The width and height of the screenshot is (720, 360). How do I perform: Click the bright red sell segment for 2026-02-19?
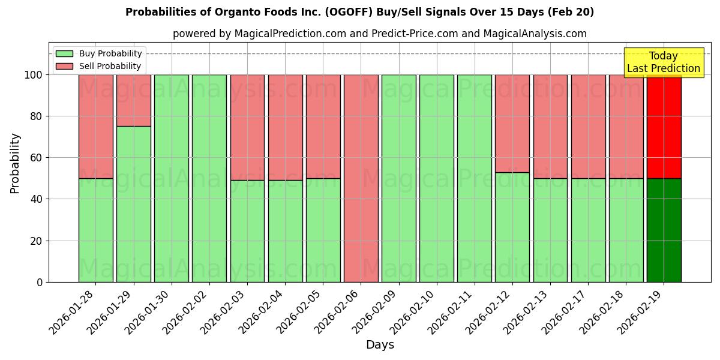tap(664, 127)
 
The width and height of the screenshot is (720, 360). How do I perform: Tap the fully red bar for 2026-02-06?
tap(361, 178)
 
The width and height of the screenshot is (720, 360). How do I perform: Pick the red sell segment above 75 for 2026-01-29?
tap(133, 100)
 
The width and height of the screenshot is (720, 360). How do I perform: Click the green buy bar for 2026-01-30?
tap(172, 178)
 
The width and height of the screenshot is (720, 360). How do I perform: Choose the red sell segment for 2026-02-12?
tap(512, 123)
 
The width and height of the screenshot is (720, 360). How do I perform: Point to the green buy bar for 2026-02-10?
tap(437, 178)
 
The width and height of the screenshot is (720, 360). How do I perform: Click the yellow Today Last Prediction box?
tap(663, 62)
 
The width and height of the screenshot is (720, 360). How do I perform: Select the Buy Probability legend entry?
tap(99, 53)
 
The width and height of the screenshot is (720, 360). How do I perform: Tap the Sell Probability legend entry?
tap(99, 66)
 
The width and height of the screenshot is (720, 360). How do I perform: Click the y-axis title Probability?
tap(15, 163)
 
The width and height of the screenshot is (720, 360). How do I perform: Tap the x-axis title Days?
tap(380, 345)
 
